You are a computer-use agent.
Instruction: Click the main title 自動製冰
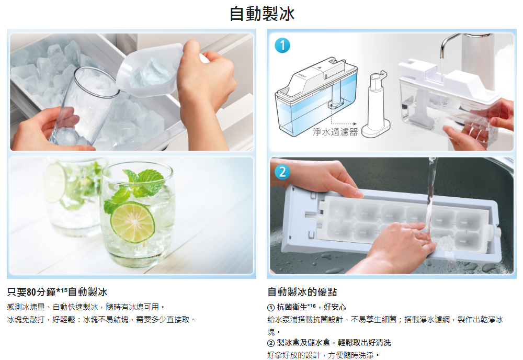[262, 14]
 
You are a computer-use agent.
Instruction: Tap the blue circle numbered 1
[282, 46]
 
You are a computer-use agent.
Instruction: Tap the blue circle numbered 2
[282, 172]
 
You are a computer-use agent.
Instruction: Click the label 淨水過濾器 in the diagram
[335, 132]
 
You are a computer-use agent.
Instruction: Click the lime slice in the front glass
[132, 222]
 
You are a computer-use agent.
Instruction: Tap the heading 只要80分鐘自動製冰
[57, 292]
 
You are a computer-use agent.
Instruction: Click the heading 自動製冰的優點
[302, 292]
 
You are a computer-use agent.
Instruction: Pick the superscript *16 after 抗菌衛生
[311, 305]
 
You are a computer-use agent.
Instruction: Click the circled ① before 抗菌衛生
[271, 307]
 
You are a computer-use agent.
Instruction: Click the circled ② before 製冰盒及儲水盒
[271, 343]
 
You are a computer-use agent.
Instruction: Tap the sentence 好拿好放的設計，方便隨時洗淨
[323, 355]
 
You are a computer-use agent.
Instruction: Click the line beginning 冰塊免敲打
[101, 319]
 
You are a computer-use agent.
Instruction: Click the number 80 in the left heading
[31, 292]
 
